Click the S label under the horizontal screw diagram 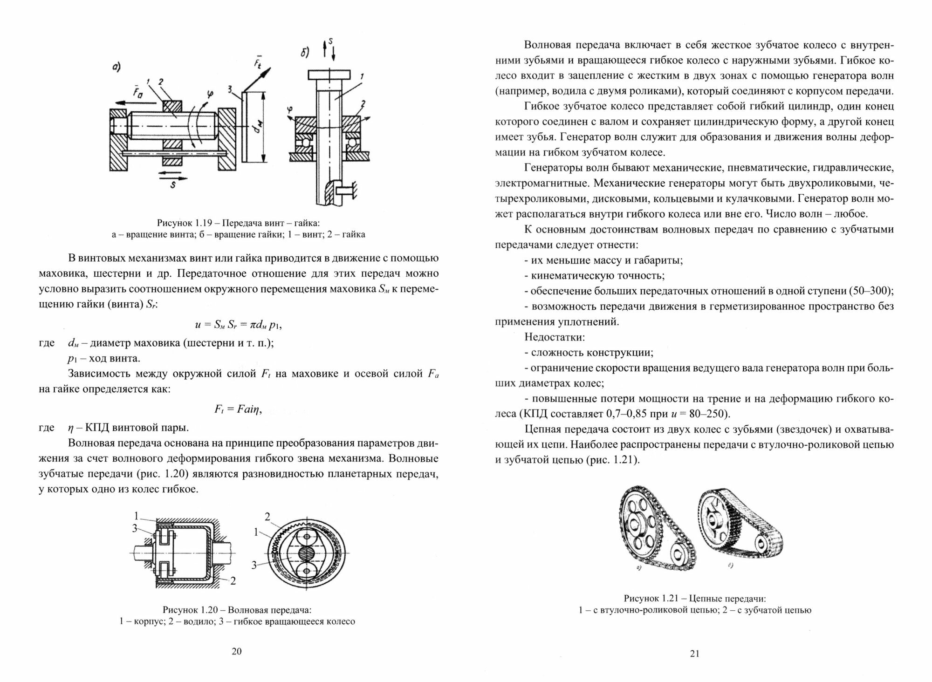pyautogui.click(x=173, y=184)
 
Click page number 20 pyautogui.click(x=237, y=651)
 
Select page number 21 pyautogui.click(x=694, y=654)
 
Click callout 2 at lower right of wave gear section pyautogui.click(x=233, y=580)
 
